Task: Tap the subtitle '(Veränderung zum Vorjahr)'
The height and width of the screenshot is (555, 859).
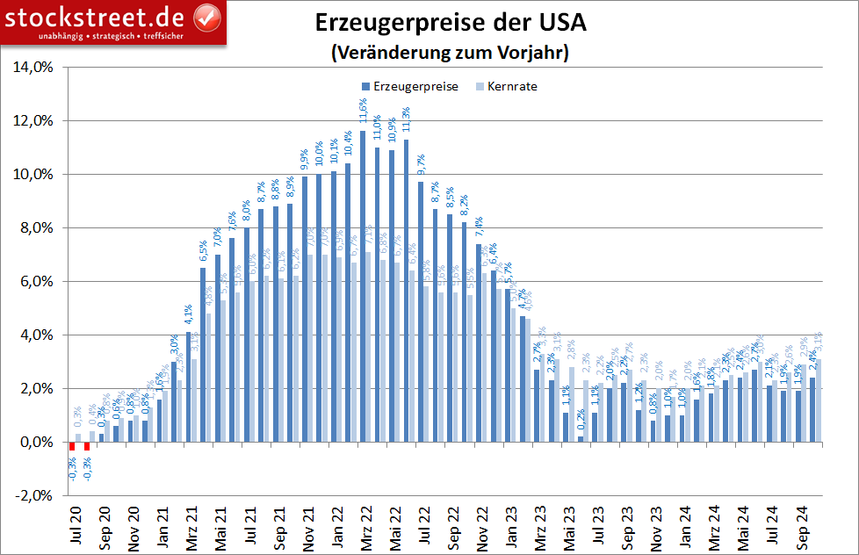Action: [x=451, y=53]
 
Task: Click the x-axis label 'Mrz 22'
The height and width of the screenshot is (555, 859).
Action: [x=365, y=526]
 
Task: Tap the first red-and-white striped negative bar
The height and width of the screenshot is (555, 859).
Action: [x=73, y=446]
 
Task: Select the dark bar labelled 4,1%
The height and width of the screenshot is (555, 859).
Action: [x=189, y=387]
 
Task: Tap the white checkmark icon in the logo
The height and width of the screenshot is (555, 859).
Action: [x=206, y=17]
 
